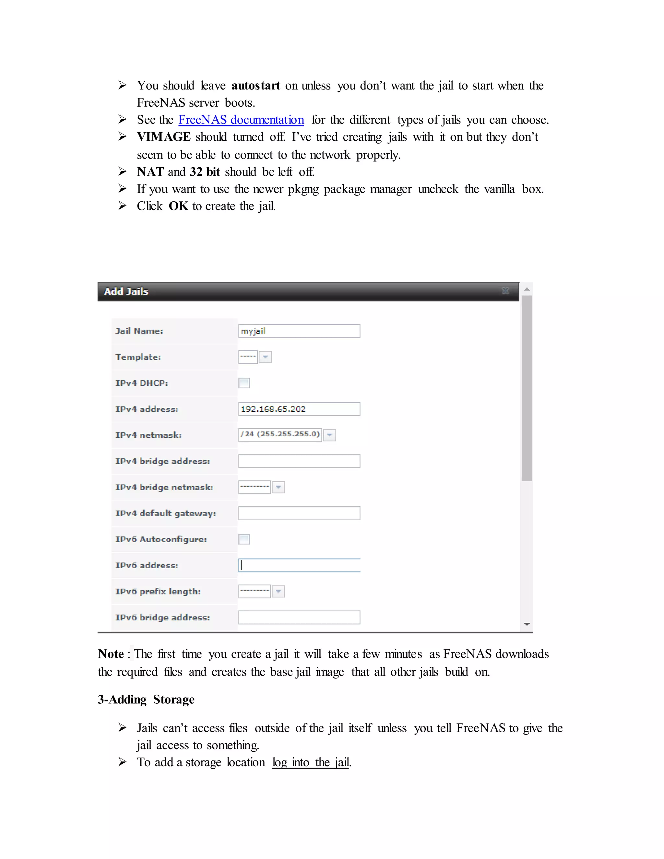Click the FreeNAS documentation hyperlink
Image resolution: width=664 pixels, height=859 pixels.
tap(241, 120)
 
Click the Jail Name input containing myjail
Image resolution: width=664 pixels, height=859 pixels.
tap(299, 331)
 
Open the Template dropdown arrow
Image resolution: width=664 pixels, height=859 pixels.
tap(265, 357)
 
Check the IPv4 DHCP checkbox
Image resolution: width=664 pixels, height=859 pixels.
tap(244, 383)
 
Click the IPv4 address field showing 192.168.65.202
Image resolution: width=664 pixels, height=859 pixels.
tap(299, 409)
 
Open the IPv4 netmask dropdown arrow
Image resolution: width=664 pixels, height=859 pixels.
tap(330, 435)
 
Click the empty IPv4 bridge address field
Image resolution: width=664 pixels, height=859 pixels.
tap(299, 461)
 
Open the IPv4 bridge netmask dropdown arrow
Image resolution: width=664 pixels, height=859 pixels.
tap(278, 487)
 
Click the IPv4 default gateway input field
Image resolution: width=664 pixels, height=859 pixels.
tap(299, 513)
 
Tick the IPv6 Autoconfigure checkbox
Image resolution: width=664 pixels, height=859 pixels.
tap(244, 539)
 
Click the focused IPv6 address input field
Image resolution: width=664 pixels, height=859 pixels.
tap(299, 565)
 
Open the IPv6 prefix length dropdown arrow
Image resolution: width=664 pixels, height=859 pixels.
tap(278, 592)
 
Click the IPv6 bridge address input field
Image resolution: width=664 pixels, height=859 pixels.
tap(299, 618)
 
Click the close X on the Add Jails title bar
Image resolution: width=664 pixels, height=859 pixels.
tap(505, 291)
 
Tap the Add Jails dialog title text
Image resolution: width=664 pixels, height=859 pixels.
tap(126, 291)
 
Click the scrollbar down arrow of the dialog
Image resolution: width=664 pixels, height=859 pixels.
tap(527, 624)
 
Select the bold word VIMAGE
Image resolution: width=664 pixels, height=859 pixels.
tap(164, 137)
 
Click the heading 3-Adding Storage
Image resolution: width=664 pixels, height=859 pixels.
tap(146, 699)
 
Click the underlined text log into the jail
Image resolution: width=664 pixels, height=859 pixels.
tap(310, 762)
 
